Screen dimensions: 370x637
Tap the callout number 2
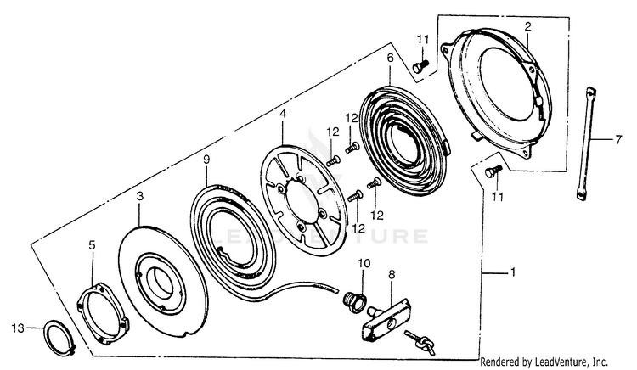527,28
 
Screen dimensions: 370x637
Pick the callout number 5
92,245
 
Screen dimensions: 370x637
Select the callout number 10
363,264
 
